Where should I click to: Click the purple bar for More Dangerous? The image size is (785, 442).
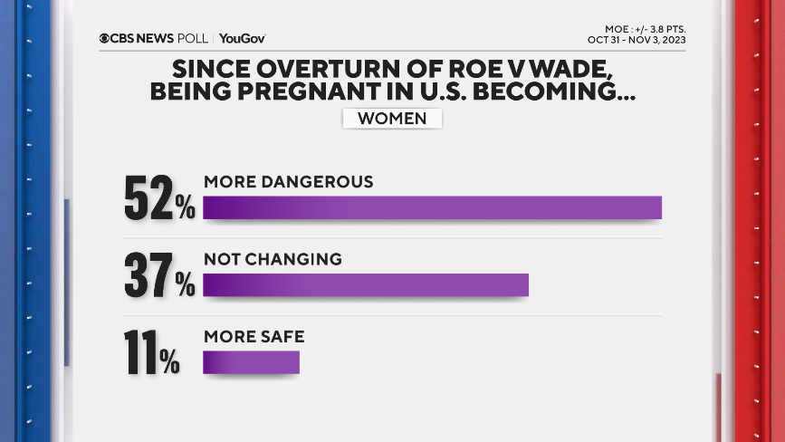coord(432,207)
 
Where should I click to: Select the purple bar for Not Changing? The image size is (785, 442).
coord(365,284)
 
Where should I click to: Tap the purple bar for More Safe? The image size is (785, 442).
coord(251,362)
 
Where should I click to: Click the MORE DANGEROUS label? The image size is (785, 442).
coord(288,181)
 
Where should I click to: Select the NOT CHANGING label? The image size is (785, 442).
coord(273,259)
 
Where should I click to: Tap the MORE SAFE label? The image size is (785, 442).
coord(254,337)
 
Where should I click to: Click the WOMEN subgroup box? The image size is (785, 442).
coord(392,119)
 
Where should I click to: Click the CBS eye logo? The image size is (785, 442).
coord(105,38)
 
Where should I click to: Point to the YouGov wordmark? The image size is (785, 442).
coord(242,38)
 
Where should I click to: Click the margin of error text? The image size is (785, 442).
coord(645,28)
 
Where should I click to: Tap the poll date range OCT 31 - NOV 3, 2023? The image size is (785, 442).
coord(637,40)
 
